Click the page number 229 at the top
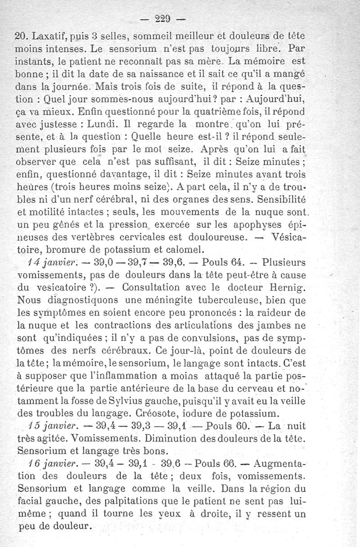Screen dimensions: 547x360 click(x=166, y=19)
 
